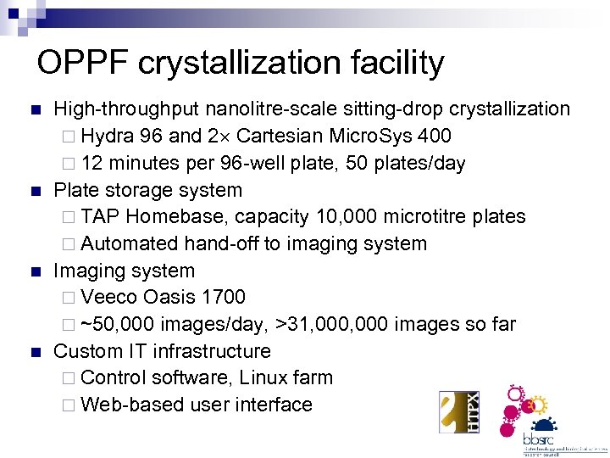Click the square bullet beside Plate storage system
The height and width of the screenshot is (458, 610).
(34, 191)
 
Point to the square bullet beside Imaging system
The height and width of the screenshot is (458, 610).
(34, 271)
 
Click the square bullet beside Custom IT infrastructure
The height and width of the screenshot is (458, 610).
(34, 352)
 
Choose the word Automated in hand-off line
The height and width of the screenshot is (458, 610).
(130, 244)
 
